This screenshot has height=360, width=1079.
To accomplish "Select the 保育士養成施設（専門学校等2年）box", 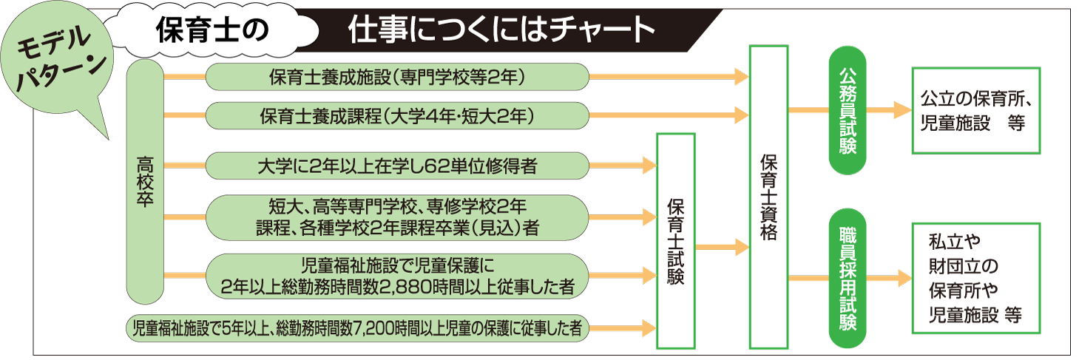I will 397,75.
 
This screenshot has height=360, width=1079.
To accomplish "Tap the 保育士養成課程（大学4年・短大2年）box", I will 397,116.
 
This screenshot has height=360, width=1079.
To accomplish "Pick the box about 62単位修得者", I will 397,166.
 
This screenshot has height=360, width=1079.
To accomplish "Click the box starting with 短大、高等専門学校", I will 397,216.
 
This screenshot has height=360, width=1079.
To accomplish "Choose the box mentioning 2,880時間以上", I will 397,276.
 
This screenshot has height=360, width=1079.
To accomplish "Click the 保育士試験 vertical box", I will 675,240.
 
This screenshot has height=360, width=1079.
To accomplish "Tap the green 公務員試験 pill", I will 847,112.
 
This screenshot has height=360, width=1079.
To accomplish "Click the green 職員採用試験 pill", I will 847,278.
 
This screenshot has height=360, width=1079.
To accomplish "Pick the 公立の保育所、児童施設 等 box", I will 977,111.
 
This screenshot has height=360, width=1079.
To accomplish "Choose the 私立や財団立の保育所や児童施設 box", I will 977,278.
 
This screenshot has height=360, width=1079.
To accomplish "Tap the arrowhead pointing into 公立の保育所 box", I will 902,111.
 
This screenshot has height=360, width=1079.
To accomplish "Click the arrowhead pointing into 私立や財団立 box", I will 902,279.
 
